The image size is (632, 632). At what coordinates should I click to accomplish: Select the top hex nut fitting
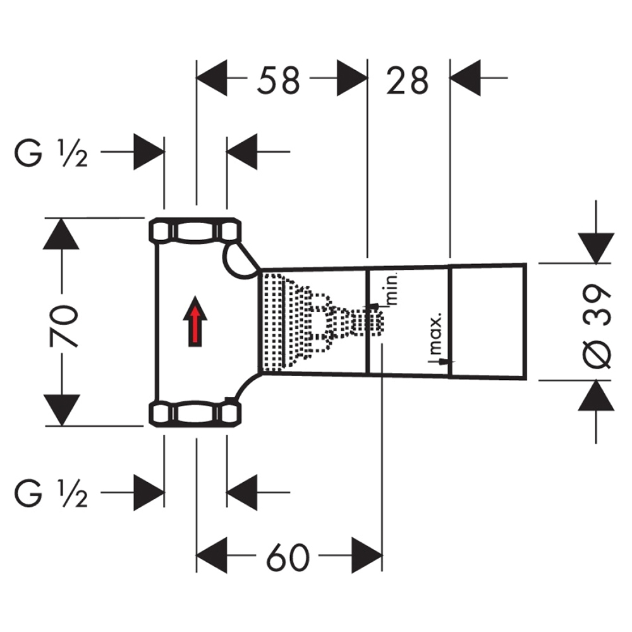click(x=195, y=231)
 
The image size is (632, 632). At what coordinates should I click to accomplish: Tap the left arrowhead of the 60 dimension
click(x=212, y=556)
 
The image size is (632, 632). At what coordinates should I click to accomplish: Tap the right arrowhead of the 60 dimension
click(x=367, y=556)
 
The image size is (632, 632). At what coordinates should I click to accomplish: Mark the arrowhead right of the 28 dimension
click(x=466, y=78)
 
